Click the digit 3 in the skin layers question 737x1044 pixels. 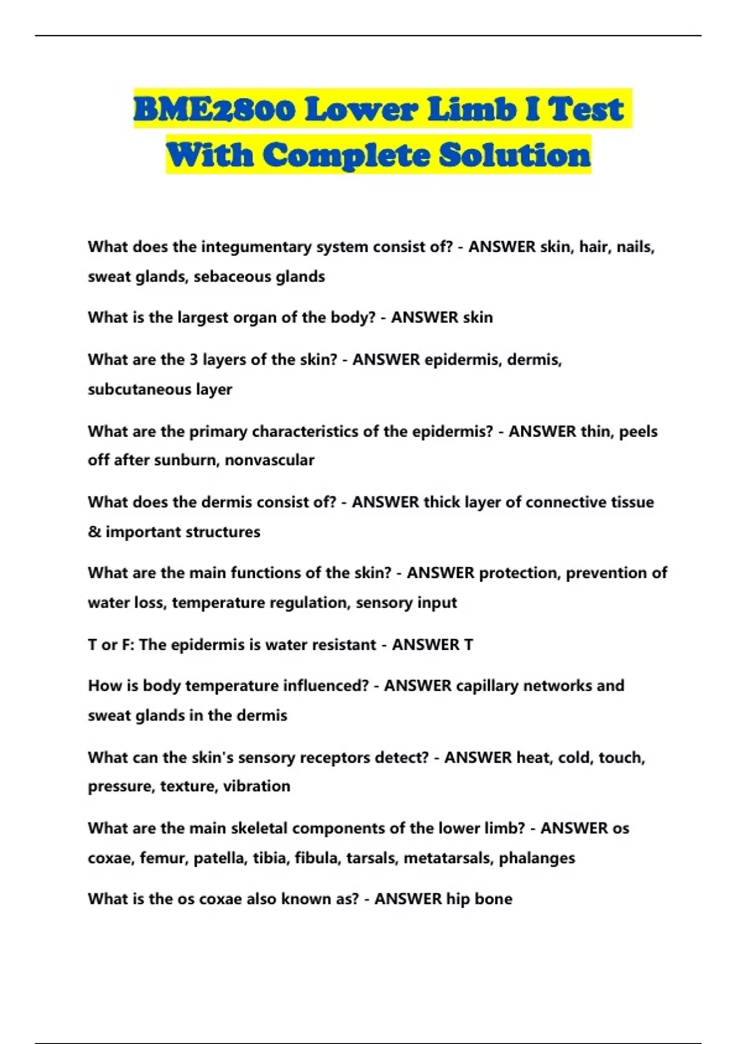(193, 359)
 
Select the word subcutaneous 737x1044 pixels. (139, 389)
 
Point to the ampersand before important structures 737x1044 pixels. (94, 532)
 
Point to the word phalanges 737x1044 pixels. (537, 858)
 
